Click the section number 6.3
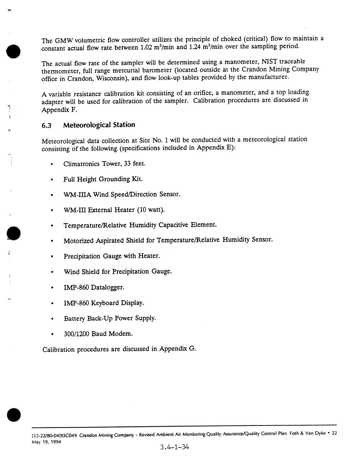[x=46, y=126]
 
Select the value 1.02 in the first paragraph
[x=146, y=47]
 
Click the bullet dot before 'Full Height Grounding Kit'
[x=52, y=180]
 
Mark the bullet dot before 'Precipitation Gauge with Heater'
[x=52, y=257]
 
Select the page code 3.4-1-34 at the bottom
[x=175, y=447]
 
